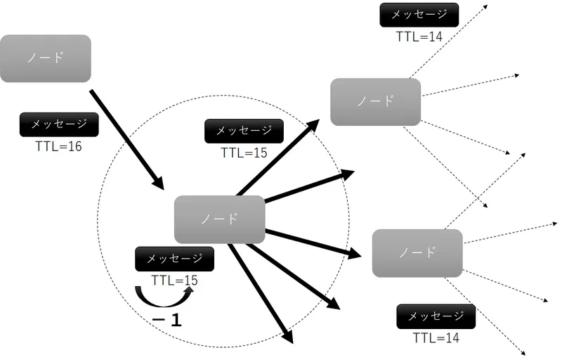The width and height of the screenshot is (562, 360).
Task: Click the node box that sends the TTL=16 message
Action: (x=46, y=58)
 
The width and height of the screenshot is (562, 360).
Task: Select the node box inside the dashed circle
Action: (x=219, y=219)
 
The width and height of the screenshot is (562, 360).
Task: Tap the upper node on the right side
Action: (x=375, y=102)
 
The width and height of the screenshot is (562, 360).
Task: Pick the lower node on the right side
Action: (x=417, y=252)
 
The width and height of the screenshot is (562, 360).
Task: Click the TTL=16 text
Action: (x=58, y=148)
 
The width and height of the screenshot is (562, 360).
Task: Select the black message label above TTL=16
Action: (x=58, y=124)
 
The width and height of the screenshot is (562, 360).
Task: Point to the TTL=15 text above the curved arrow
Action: (x=174, y=281)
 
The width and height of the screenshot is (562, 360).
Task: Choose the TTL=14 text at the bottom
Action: (x=436, y=338)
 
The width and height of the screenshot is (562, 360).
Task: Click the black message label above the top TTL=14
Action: (x=419, y=15)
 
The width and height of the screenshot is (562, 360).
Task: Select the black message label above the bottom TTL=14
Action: (x=436, y=316)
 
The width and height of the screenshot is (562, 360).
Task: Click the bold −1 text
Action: (x=167, y=321)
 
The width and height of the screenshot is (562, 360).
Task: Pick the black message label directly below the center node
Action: (x=174, y=258)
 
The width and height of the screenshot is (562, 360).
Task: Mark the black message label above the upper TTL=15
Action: (x=244, y=131)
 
